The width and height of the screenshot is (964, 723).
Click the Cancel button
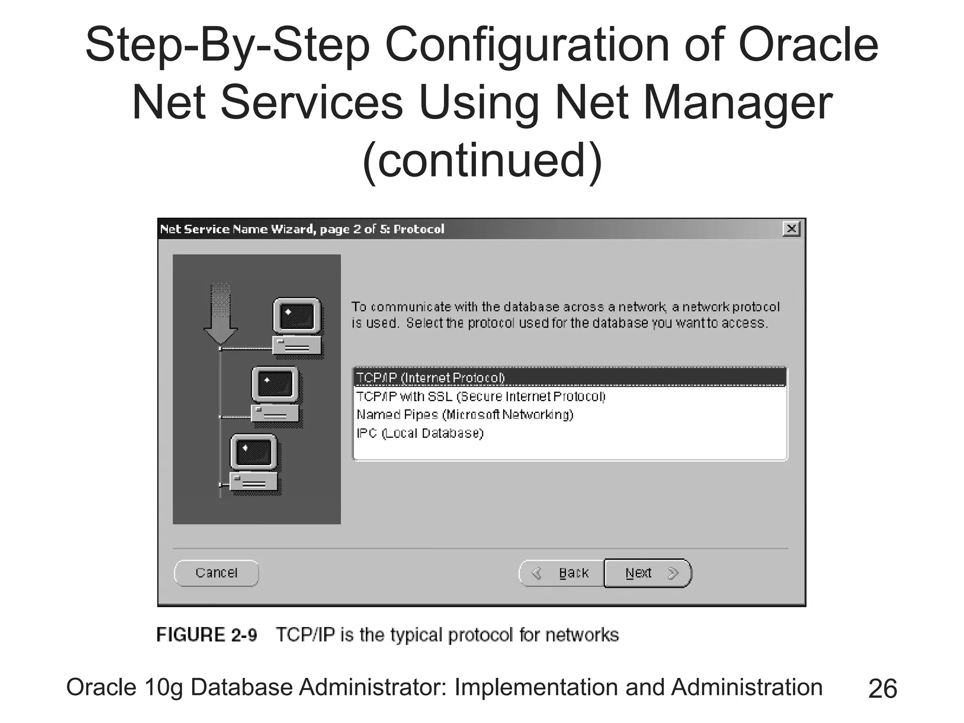coord(216,573)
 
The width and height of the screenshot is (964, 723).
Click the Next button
coord(647,573)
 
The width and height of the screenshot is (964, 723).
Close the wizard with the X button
coord(791,229)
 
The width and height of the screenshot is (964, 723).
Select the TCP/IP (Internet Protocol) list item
coord(430,378)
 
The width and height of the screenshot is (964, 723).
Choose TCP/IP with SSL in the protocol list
coord(481,396)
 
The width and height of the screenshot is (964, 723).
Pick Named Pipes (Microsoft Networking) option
coord(465,415)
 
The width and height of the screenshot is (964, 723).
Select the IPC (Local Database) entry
coord(420,433)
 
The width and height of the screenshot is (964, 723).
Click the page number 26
coord(883,689)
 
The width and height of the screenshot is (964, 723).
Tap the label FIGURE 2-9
coord(207,635)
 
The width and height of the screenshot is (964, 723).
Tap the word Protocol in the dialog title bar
coord(418,229)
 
